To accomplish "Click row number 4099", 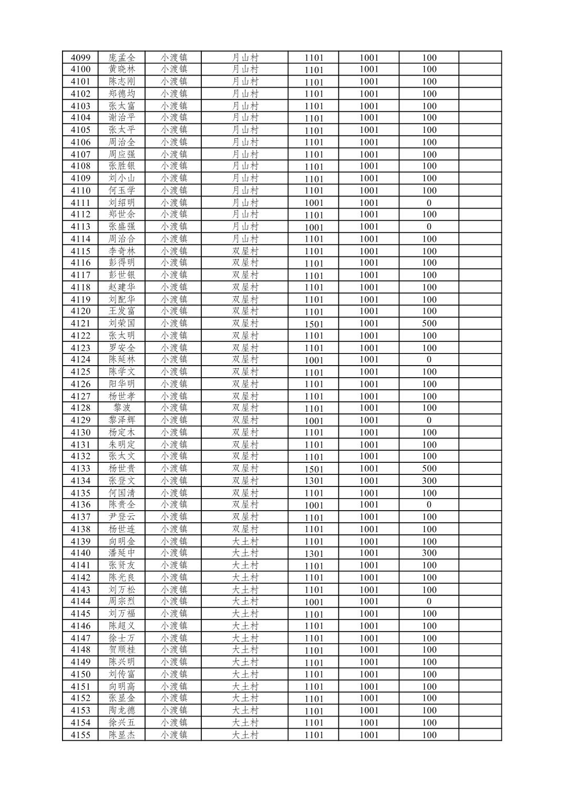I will point(80,58).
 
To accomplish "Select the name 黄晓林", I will point(122,69).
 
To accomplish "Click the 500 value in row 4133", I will point(429,469).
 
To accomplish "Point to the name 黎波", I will point(122,408).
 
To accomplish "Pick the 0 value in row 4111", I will point(429,203).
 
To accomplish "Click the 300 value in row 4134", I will point(429,481).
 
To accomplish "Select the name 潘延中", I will point(122,553).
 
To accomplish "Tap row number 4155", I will point(80,735).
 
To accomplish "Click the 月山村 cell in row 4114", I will point(245,239).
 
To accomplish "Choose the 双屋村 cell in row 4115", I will point(245,251).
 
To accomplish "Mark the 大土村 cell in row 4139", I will point(245,541).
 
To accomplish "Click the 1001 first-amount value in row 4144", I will point(314,602).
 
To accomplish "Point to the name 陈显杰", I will point(122,735).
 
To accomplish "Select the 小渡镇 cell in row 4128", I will point(174,408).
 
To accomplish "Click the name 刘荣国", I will point(122,324).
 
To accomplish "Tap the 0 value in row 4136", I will point(429,505).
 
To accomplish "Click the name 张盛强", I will point(122,227).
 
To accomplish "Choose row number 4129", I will point(80,420).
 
